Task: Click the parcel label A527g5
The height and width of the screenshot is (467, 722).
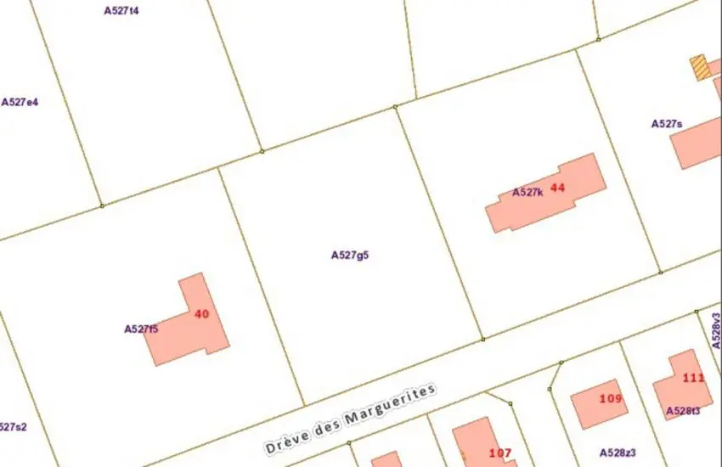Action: point(349,254)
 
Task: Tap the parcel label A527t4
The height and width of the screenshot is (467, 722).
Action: point(121,11)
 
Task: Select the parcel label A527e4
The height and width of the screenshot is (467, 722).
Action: point(20,102)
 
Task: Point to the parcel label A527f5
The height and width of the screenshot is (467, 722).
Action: point(141,329)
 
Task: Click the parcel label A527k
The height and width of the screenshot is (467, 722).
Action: point(527,193)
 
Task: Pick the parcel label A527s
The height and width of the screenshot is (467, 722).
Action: point(667,124)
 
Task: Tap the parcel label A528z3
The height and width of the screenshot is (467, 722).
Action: point(618,453)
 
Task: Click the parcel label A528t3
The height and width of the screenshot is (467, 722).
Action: point(683,411)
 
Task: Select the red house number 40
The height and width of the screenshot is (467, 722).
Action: point(201,314)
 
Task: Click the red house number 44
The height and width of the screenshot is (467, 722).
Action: point(557,187)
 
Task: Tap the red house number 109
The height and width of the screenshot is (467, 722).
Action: point(610,398)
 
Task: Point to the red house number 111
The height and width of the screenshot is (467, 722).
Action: point(693,378)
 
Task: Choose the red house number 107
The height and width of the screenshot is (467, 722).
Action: point(500,453)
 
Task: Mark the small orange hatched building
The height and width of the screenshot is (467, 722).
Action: point(701,68)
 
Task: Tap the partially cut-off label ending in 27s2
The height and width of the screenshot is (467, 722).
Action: point(13,427)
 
